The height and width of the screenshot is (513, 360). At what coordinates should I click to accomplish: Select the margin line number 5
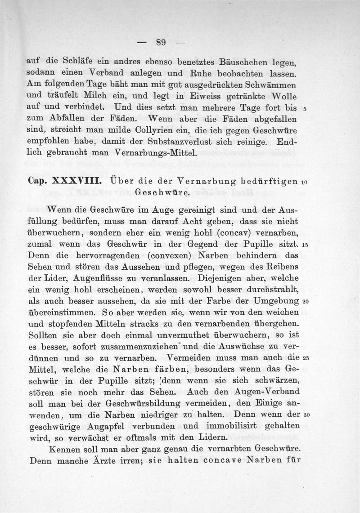305,108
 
